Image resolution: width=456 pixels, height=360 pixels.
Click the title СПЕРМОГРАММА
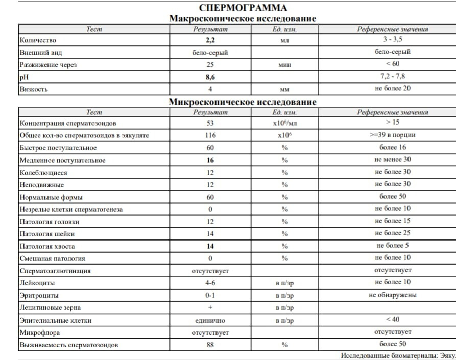pyautogui.click(x=243, y=8)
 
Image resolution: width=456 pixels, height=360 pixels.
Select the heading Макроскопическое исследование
pyautogui.click(x=243, y=19)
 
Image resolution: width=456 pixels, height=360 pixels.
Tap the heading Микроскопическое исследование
pyautogui.click(x=243, y=102)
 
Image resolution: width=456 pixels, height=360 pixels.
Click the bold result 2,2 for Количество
pyautogui.click(x=210, y=40)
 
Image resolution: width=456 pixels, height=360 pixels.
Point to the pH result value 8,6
pyautogui.click(x=210, y=78)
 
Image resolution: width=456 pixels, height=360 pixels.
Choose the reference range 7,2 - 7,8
pyautogui.click(x=392, y=77)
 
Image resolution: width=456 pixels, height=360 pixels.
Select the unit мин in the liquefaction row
pyautogui.click(x=284, y=65)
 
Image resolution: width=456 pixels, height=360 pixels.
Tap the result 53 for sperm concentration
pyautogui.click(x=210, y=124)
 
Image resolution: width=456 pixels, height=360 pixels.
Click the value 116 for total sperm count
pyautogui.click(x=210, y=136)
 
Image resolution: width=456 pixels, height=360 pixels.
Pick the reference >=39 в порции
pyautogui.click(x=392, y=135)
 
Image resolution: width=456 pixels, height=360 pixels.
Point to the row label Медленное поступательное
pyautogui.click(x=62, y=160)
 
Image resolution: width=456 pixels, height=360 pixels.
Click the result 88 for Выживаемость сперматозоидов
pyautogui.click(x=210, y=345)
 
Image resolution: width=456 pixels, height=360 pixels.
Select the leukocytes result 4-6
pyautogui.click(x=210, y=283)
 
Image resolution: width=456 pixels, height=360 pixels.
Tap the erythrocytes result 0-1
pyautogui.click(x=210, y=296)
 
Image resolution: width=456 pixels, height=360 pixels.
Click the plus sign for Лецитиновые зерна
pyautogui.click(x=210, y=308)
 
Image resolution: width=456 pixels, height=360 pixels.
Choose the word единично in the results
pyautogui.click(x=210, y=321)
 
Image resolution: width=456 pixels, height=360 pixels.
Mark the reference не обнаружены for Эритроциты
pyautogui.click(x=392, y=295)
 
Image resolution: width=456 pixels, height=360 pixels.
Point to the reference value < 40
pyautogui.click(x=392, y=320)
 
